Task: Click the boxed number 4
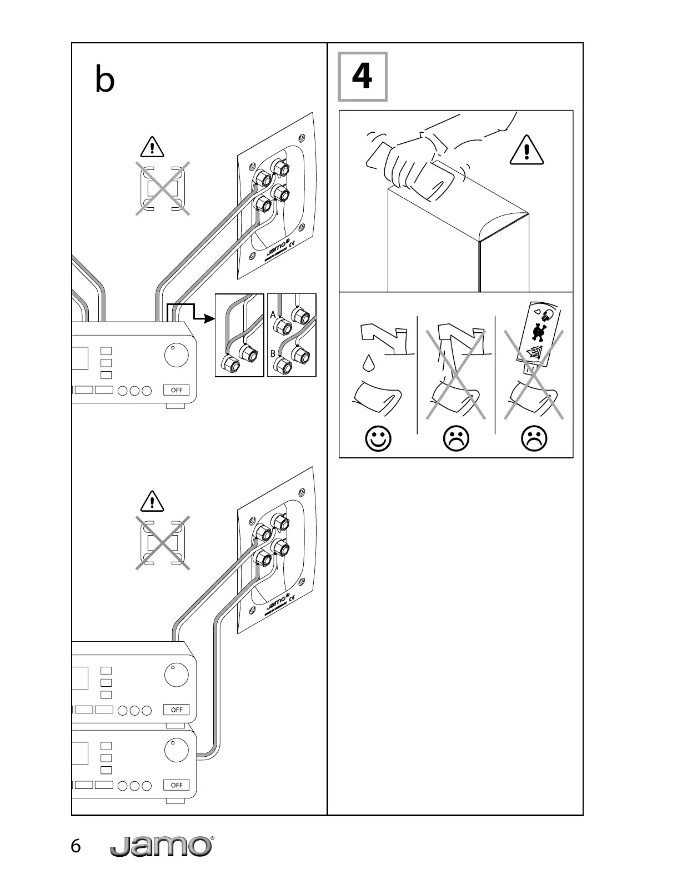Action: pyautogui.click(x=362, y=77)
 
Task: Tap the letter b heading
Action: pyautogui.click(x=105, y=80)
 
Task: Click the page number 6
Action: pyautogui.click(x=76, y=846)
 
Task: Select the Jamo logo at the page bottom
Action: pyautogui.click(x=162, y=846)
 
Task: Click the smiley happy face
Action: pyautogui.click(x=378, y=439)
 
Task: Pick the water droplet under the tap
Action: pyautogui.click(x=368, y=363)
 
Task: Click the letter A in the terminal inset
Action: pyautogui.click(x=273, y=315)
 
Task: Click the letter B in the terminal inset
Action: pyautogui.click(x=273, y=353)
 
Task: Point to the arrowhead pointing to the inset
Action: pyautogui.click(x=209, y=318)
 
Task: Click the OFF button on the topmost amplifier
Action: pyautogui.click(x=177, y=389)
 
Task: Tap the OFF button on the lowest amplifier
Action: pyautogui.click(x=177, y=785)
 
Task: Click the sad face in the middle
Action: pyautogui.click(x=456, y=439)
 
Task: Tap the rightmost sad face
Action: pyautogui.click(x=534, y=439)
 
